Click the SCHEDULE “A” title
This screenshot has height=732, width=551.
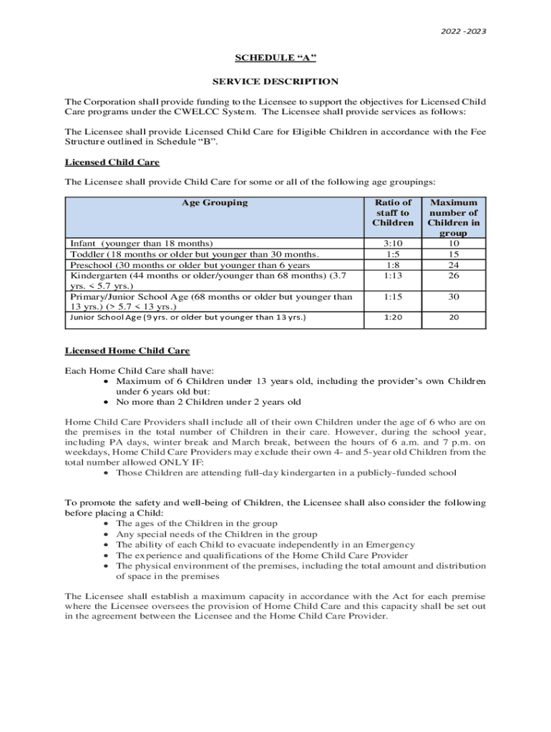pos(275,58)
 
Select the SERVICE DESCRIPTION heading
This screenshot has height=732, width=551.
pos(275,81)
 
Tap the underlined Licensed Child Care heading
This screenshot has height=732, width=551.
pos(112,162)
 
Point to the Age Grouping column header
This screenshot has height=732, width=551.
pos(215,202)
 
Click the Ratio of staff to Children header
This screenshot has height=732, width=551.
pos(392,212)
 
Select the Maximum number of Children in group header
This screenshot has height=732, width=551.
pos(454,217)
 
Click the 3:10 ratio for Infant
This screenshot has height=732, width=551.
pos(392,243)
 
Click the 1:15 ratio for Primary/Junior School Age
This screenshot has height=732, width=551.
pos(392,296)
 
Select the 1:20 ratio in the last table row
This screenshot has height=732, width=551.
pos(392,317)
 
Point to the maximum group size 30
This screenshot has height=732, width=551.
pos(454,296)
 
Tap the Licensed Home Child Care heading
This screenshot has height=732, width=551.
pos(127,350)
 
